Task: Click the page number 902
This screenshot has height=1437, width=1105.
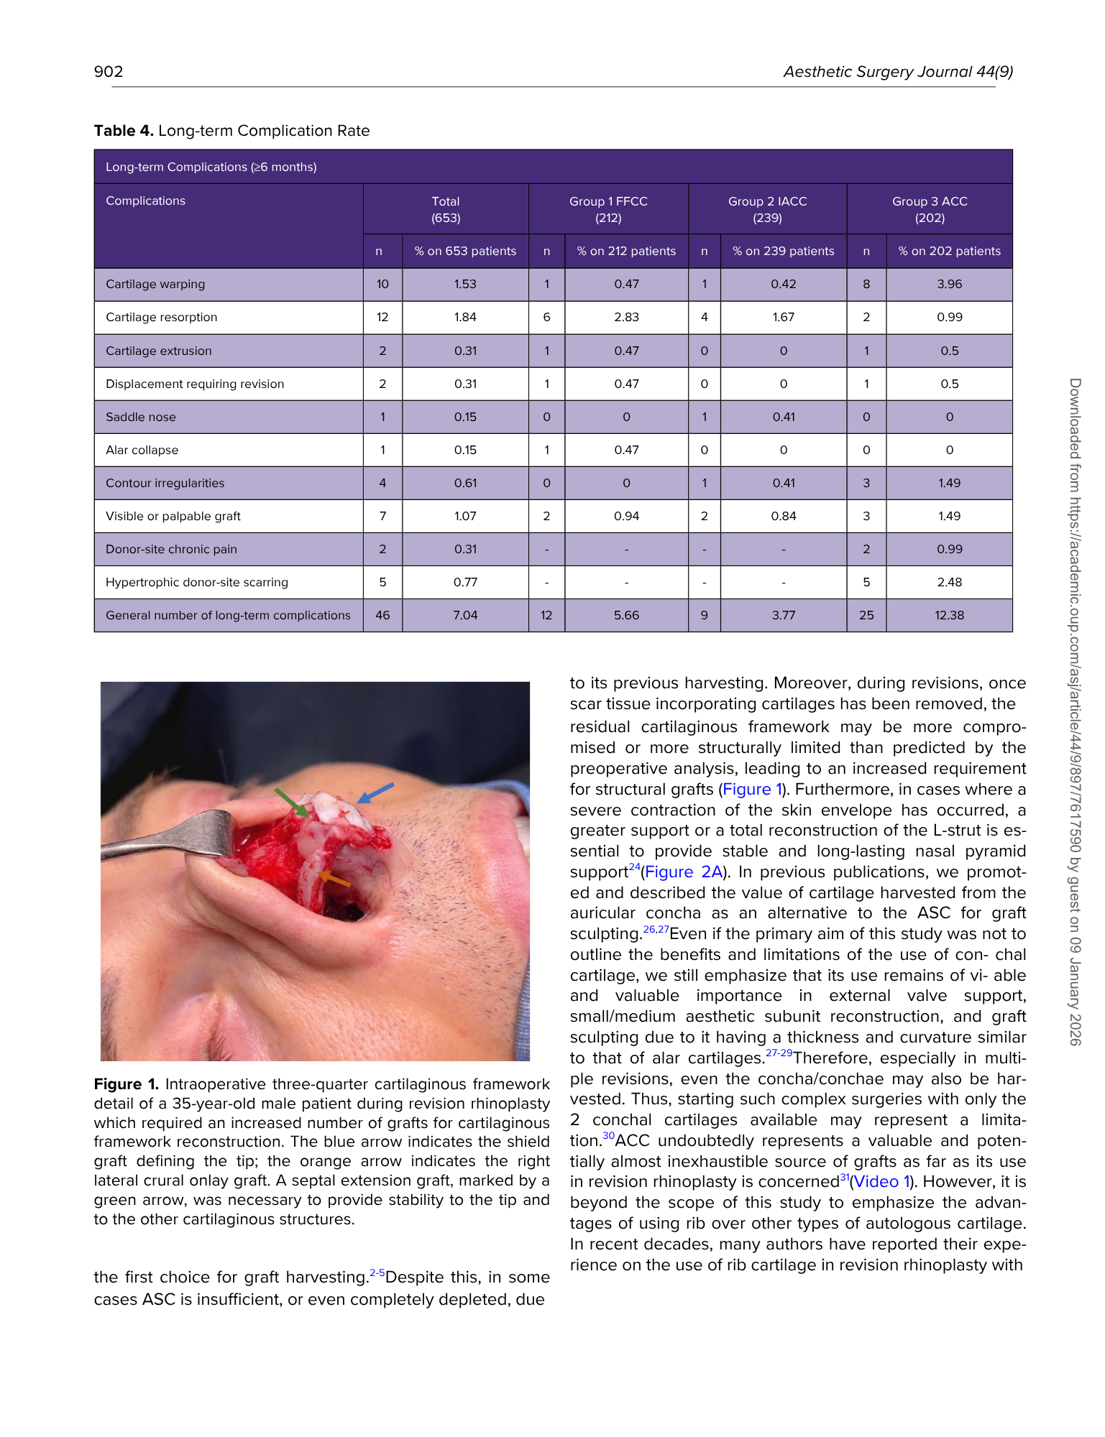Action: [x=109, y=71]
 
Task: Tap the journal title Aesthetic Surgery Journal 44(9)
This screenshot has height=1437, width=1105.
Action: [x=898, y=71]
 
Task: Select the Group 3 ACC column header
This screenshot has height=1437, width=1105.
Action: [x=929, y=209]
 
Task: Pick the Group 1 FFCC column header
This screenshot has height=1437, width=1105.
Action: [x=608, y=209]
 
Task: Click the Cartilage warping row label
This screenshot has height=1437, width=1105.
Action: [x=155, y=285]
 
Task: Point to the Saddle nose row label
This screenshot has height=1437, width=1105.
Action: [x=141, y=417]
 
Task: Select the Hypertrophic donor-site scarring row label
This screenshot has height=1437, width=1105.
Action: [x=197, y=582]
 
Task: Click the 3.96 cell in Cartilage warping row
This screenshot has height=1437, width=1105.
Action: [x=949, y=285]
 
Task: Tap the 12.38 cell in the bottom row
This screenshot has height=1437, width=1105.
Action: [x=949, y=615]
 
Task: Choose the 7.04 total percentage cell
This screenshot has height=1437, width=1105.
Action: [x=465, y=615]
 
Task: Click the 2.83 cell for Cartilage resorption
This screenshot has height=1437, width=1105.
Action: [x=626, y=318]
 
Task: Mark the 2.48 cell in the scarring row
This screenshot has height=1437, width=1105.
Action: [x=949, y=582]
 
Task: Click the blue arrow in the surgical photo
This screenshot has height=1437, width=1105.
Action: [x=377, y=792]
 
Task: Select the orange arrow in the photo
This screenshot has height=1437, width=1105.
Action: [x=334, y=879]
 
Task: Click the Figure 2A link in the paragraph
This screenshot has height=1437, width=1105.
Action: [x=684, y=872]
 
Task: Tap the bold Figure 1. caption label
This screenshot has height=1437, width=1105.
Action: [x=126, y=1084]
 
